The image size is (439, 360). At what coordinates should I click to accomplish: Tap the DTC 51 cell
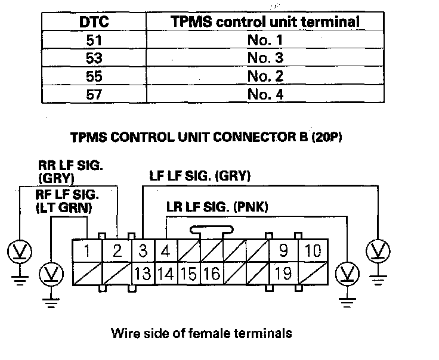tap(94, 41)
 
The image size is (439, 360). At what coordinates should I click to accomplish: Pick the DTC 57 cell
tap(94, 94)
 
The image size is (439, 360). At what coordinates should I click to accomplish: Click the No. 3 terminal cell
tap(265, 59)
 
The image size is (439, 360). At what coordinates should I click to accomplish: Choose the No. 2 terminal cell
tap(265, 77)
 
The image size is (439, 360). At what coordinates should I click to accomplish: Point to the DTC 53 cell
tap(94, 59)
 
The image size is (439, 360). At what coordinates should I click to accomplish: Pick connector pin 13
tap(143, 274)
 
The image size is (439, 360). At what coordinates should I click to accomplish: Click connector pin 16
tap(211, 274)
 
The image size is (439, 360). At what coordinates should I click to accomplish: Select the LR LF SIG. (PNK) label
tap(217, 207)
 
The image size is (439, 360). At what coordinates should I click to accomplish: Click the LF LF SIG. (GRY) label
tap(199, 176)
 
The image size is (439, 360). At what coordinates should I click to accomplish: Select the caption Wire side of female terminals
tap(202, 333)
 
